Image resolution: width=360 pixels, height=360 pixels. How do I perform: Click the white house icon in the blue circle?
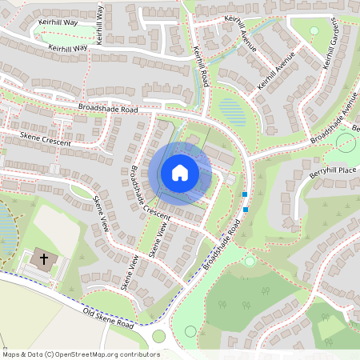[x=180, y=172]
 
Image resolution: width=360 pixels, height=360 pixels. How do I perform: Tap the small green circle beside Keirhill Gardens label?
[x=314, y=30]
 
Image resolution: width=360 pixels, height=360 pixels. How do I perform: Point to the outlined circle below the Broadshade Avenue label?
[x=346, y=142]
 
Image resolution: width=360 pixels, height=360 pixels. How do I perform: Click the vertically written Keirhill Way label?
[x=99, y=24]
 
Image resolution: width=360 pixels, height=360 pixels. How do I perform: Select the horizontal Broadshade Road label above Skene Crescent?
[x=108, y=108]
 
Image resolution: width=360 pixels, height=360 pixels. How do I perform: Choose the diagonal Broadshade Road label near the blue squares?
[x=222, y=244]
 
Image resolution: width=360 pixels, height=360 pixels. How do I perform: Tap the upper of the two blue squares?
[x=245, y=194]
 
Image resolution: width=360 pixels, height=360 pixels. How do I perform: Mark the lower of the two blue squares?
[x=246, y=210]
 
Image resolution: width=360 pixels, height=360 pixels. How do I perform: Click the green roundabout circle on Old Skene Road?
[x=158, y=337]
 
